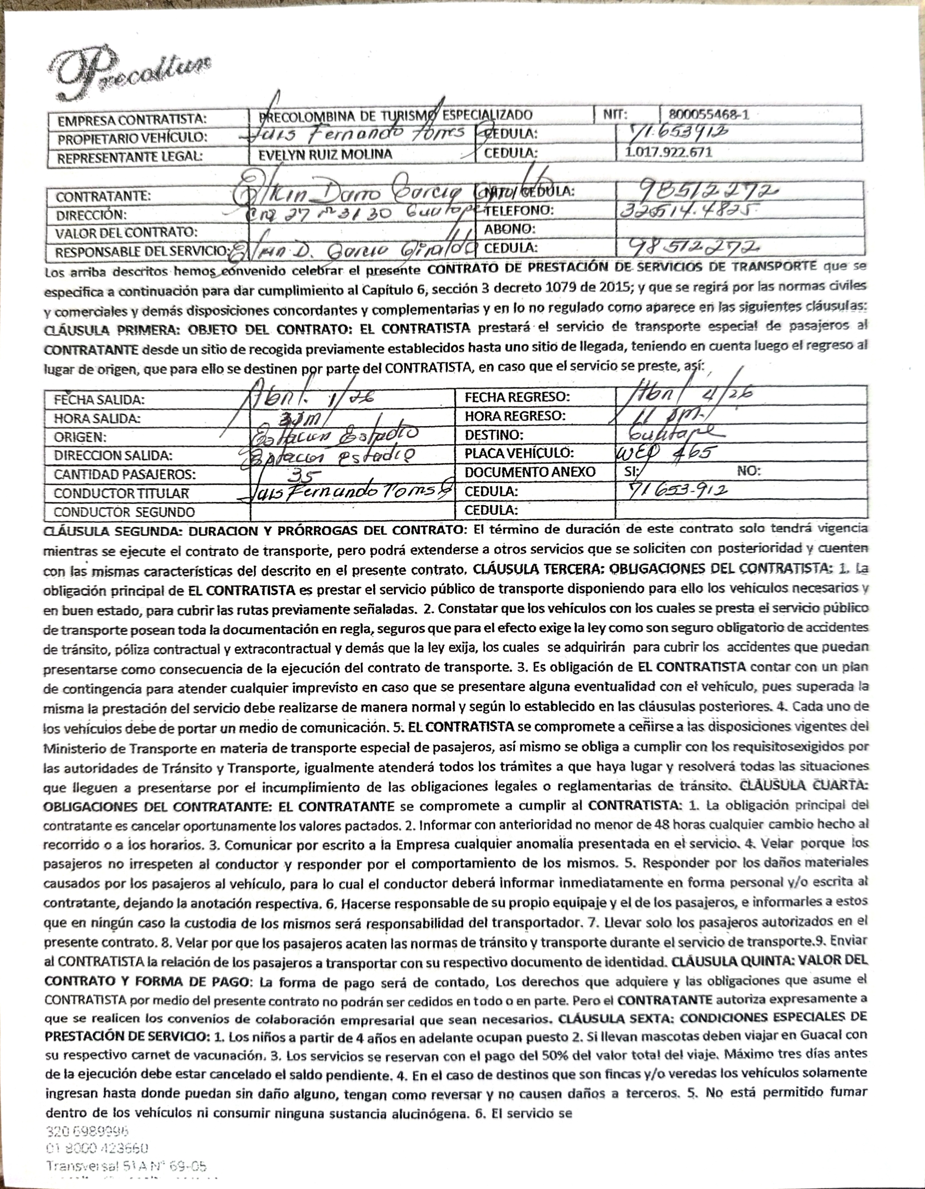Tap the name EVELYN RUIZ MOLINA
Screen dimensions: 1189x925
tap(325, 154)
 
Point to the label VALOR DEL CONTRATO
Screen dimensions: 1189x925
tap(126, 233)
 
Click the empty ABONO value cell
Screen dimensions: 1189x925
tap(740, 229)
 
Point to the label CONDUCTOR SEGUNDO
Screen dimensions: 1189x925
tap(124, 512)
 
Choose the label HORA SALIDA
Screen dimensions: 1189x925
tap(97, 419)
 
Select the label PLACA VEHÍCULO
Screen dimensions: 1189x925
tap(519, 453)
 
